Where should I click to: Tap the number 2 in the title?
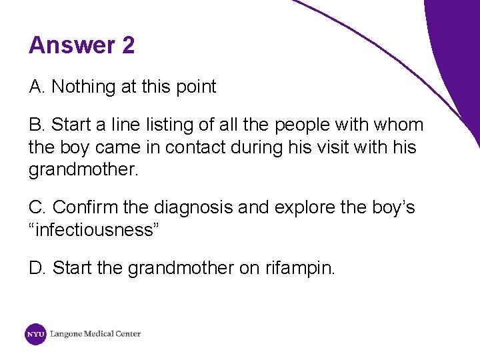click(x=128, y=45)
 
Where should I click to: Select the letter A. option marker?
click(x=37, y=87)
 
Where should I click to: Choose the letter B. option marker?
click(x=37, y=125)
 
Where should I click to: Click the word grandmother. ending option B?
click(x=84, y=169)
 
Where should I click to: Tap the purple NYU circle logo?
click(x=35, y=334)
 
